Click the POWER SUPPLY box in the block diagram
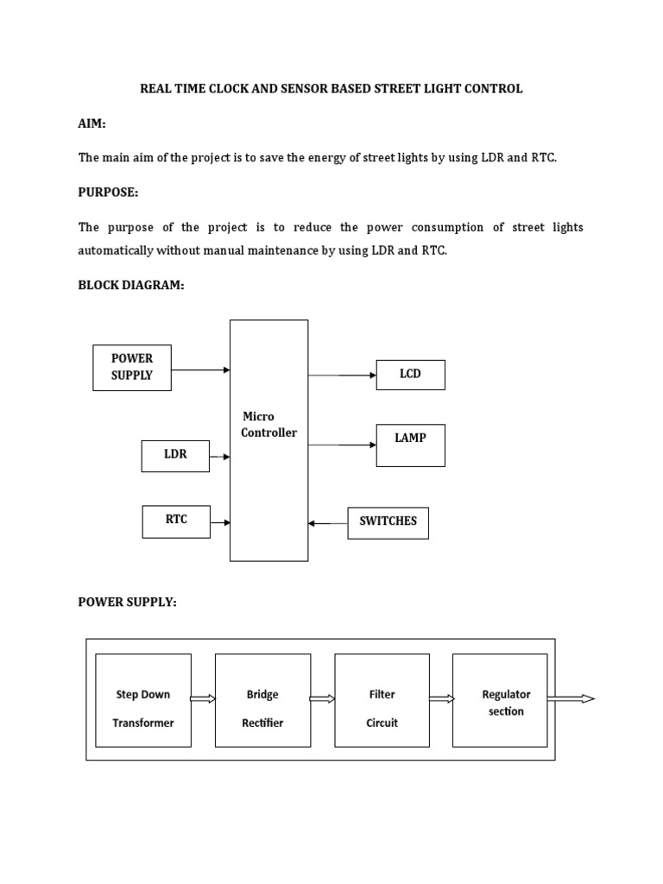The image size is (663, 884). tap(132, 368)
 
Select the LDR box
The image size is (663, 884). tap(175, 455)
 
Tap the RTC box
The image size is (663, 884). tap(176, 521)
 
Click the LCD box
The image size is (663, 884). tap(410, 375)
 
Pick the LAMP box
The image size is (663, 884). tap(410, 445)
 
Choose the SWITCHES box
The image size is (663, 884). tap(388, 522)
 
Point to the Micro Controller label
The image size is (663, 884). tap(268, 425)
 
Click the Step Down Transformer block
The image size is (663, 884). tap(142, 700)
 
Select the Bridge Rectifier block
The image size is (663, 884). tap(262, 700)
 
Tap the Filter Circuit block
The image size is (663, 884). tap(382, 700)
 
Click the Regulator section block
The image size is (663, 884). tap(500, 700)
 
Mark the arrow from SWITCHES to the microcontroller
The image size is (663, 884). tap(328, 523)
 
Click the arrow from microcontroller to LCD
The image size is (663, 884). tap(343, 376)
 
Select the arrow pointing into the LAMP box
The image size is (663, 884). tap(343, 445)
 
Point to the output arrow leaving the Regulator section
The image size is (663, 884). tap(571, 698)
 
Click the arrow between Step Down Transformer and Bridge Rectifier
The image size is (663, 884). tap(203, 699)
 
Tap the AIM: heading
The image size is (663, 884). tap(92, 124)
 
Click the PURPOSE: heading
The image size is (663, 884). tap(108, 192)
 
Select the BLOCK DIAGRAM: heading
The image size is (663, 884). tap(131, 286)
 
